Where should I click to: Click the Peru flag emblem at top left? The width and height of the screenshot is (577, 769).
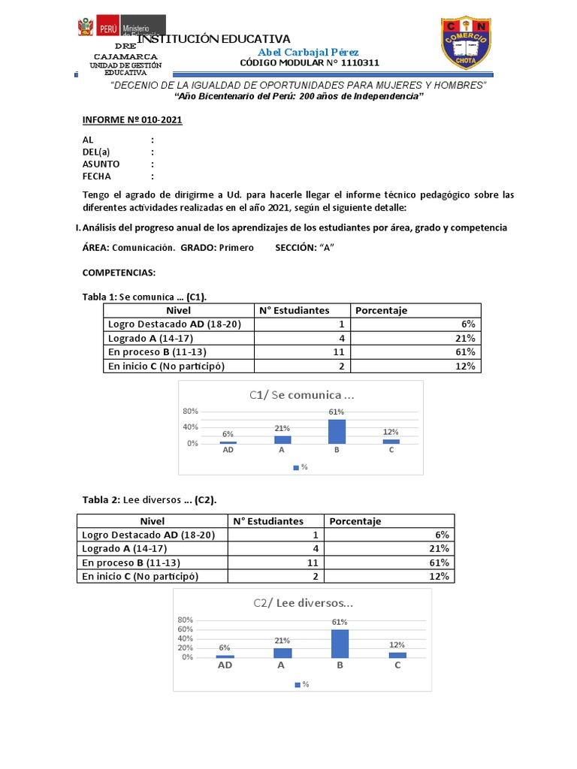84,29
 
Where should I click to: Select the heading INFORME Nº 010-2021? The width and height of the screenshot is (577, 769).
132,120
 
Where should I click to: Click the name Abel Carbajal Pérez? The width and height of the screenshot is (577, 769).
308,52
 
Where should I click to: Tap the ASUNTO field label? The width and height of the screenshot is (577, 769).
101,164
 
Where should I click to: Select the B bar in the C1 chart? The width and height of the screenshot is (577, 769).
337,431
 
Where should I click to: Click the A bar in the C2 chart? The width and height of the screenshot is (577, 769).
282,653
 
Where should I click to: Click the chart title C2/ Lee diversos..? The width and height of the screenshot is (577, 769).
303,603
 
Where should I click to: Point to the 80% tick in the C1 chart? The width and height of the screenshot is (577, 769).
189,411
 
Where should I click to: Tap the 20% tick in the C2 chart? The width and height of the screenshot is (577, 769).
185,648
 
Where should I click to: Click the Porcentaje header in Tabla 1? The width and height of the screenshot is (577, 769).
381,310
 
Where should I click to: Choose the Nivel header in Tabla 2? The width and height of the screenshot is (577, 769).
153,521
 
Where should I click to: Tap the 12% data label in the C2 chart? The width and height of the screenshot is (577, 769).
397,644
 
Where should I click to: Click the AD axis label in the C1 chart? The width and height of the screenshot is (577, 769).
227,450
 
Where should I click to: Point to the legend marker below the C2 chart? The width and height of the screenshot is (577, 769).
298,684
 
